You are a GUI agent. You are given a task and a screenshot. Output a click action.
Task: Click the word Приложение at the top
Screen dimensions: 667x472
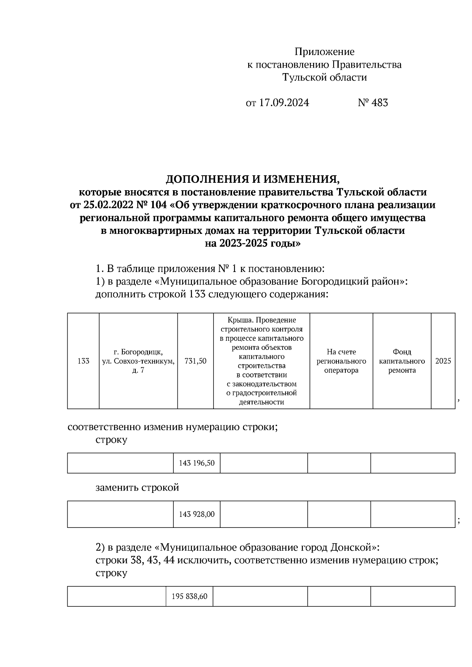pos(324,52)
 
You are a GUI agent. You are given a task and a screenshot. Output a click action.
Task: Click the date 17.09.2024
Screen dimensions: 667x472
pos(284,103)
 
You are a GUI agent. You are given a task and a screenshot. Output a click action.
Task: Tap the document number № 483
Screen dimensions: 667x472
pos(372,103)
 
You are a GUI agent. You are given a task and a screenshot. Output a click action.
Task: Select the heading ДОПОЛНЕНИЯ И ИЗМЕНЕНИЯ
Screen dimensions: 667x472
pos(252,180)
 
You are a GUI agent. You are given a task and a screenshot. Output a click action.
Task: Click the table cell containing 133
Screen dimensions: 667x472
pos(83,361)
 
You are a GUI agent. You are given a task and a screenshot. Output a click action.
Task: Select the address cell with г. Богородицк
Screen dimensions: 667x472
pos(138,361)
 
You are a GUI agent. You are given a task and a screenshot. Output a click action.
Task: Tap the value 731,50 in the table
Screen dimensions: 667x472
pos(195,361)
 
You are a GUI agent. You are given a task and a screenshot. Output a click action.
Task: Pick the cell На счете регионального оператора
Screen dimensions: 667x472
pos(341,361)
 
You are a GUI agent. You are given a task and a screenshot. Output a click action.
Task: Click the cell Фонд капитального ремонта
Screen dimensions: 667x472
pos(402,361)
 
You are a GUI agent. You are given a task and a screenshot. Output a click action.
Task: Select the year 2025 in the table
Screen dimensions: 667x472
pos(443,361)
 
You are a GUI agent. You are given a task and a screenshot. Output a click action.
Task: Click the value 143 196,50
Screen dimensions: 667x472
pos(197,463)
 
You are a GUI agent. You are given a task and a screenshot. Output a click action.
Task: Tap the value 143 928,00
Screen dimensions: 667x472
pos(197,514)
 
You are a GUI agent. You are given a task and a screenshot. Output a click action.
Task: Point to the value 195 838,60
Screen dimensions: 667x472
pos(189,597)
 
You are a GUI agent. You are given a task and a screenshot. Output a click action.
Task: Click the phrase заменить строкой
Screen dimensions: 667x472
pos(137,488)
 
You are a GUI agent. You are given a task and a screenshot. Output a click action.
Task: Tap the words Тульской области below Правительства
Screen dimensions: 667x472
pos(324,77)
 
